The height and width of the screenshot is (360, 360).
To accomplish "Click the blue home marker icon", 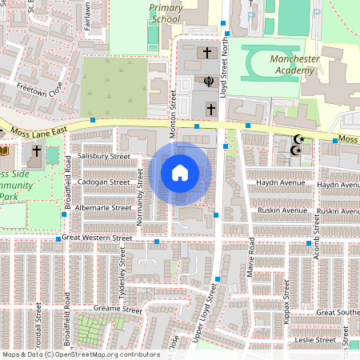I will (x=180, y=172).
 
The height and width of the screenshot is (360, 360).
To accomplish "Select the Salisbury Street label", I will (x=104, y=156).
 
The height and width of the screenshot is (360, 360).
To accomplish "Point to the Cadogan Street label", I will (x=104, y=182).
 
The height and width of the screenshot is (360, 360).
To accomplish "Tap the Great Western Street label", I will (x=97, y=238).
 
